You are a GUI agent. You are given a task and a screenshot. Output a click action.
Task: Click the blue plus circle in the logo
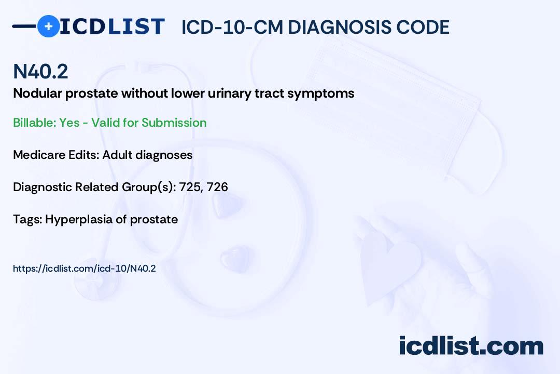[48, 26]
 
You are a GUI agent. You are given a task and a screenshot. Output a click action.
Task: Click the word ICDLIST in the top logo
[112, 26]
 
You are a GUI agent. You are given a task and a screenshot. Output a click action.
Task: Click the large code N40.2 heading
[40, 71]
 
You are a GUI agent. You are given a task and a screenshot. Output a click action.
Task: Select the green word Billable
[35, 123]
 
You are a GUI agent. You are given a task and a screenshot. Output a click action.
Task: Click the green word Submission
[174, 123]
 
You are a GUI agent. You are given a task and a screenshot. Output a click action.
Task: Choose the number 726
[217, 187]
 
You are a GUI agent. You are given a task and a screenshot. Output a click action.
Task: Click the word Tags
[28, 220]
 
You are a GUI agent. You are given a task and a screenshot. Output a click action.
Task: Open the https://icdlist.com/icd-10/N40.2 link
[85, 269]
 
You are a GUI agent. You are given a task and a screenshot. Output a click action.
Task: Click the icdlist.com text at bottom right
[471, 345]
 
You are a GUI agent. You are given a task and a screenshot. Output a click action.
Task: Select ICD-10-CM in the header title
[232, 27]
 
